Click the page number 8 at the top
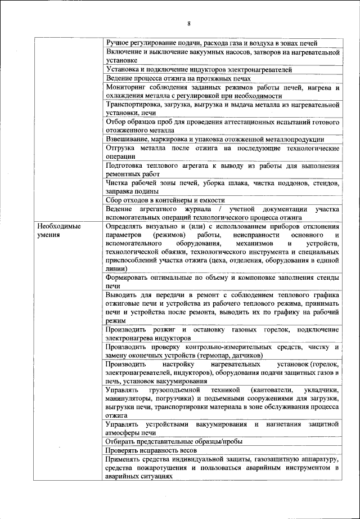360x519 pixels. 189,23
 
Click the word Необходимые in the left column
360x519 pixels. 56,226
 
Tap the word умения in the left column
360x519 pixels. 48,234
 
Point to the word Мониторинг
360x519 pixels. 125,87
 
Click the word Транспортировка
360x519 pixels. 132,105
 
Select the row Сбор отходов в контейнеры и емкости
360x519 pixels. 165,200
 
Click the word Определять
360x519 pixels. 125,226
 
